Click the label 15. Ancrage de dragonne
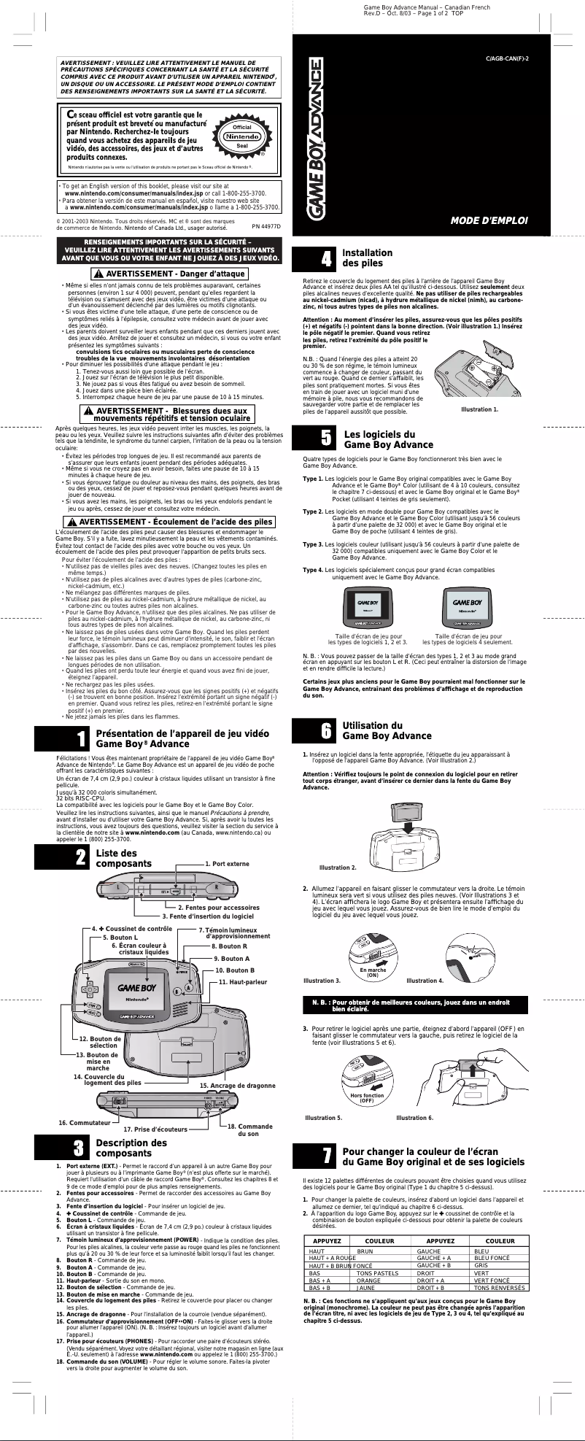(237, 1086)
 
